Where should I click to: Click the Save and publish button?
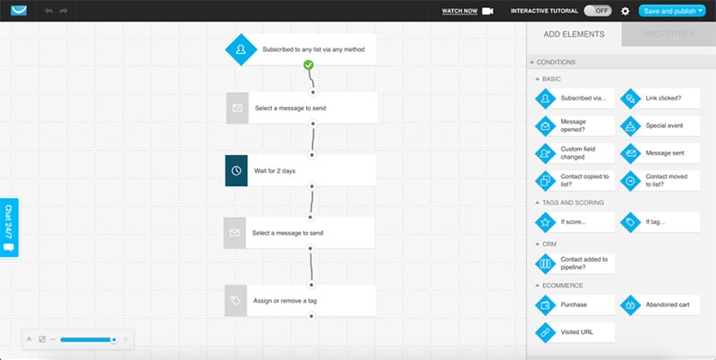(x=672, y=11)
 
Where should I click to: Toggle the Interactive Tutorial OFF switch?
(x=598, y=11)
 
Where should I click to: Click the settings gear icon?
(x=625, y=11)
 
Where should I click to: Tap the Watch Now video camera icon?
(x=488, y=11)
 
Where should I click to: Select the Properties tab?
(x=669, y=34)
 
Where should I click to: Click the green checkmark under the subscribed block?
(x=309, y=64)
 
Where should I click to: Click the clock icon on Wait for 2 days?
(x=236, y=170)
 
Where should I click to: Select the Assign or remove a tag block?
(x=301, y=301)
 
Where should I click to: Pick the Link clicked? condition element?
(x=660, y=99)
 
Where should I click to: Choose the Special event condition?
(x=660, y=125)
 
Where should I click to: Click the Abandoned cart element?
(x=660, y=304)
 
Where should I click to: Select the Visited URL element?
(x=575, y=332)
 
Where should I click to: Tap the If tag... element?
(x=660, y=222)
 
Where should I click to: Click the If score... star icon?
(x=545, y=222)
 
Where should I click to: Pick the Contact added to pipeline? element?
(x=575, y=263)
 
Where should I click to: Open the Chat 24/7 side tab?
(x=9, y=227)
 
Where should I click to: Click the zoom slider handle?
(x=114, y=339)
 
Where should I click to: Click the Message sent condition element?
(x=660, y=153)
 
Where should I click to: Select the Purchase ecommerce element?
(x=575, y=304)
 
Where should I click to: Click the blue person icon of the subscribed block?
(x=241, y=49)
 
